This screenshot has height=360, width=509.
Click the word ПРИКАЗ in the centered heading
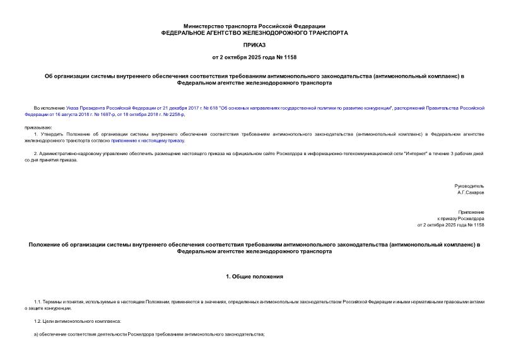coord(254,45)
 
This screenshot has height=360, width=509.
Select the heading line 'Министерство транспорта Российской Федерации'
coord(254,26)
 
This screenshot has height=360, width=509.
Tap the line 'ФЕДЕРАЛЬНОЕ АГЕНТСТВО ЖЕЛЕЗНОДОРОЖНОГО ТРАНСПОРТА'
coord(254,32)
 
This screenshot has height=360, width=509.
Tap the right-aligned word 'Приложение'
coord(471,212)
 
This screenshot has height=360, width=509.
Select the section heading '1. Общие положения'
coord(254,276)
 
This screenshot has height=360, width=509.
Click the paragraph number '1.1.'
coord(38,302)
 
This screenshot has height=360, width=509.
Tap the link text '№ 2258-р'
coord(173,115)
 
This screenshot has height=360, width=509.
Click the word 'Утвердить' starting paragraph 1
coord(53,134)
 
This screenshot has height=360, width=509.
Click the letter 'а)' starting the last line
coord(37,334)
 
